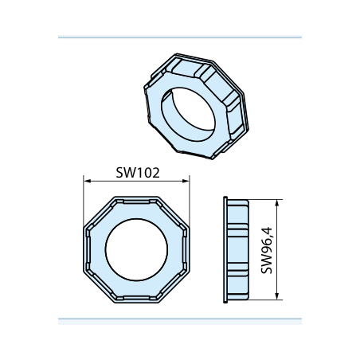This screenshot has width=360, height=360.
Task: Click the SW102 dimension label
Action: pyautogui.click(x=138, y=173)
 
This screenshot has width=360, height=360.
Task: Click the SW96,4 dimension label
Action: pyautogui.click(x=267, y=250)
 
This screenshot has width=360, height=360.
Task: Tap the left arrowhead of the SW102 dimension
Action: pyautogui.click(x=88, y=181)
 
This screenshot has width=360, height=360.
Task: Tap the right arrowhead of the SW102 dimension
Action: pyautogui.click(x=186, y=181)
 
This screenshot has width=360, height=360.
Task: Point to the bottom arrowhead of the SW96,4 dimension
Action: pyautogui.click(x=277, y=296)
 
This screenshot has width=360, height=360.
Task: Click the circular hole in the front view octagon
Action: pyautogui.click(x=136, y=249)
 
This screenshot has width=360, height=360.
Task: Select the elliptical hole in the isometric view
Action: pyautogui.click(x=188, y=115)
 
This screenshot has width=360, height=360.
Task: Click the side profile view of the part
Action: pyautogui.click(x=236, y=249)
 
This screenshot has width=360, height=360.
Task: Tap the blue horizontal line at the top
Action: pyautogui.click(x=180, y=37)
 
